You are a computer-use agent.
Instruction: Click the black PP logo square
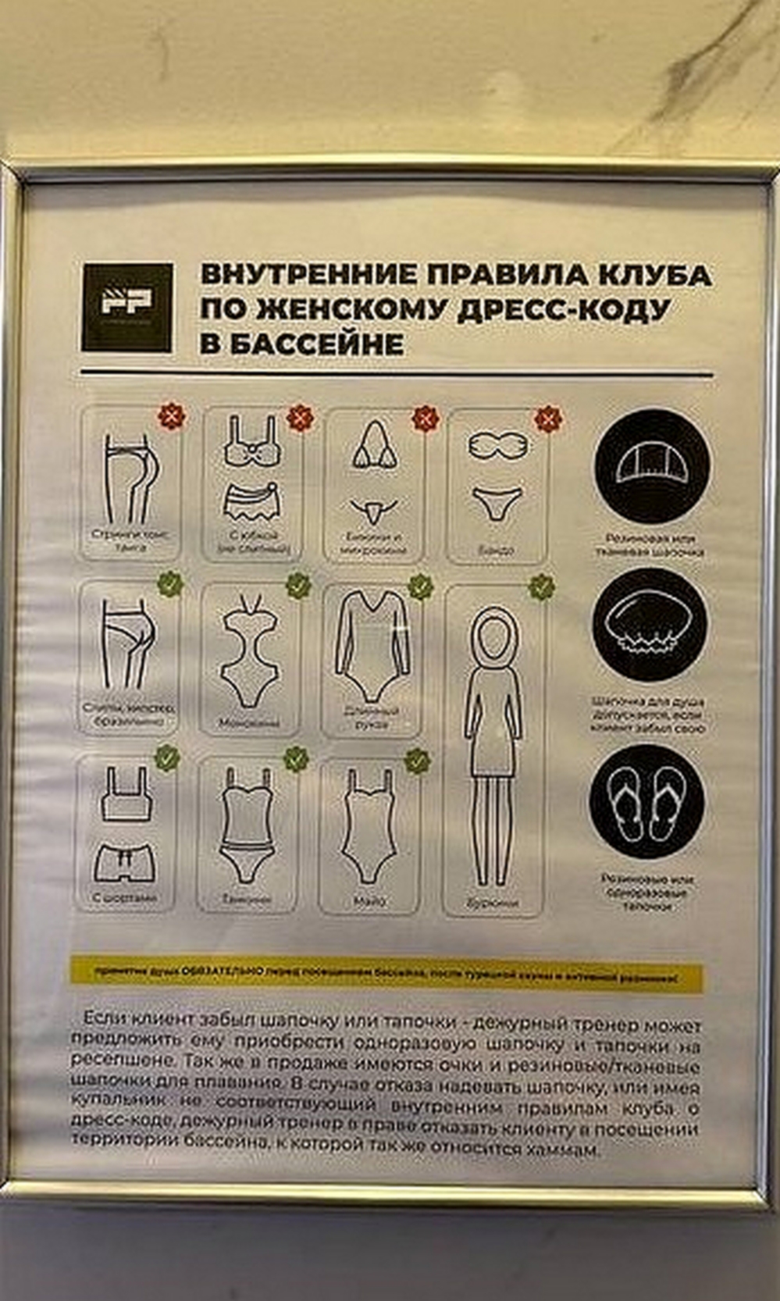click(x=126, y=306)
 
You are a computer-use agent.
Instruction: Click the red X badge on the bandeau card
click(x=547, y=419)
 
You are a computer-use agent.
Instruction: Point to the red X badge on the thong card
click(x=171, y=415)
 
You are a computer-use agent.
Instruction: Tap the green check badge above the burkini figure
click(x=541, y=586)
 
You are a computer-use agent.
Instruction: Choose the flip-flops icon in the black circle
click(x=647, y=802)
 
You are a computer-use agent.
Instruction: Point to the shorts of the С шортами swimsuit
click(x=125, y=863)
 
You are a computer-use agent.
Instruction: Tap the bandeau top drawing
click(x=497, y=446)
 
